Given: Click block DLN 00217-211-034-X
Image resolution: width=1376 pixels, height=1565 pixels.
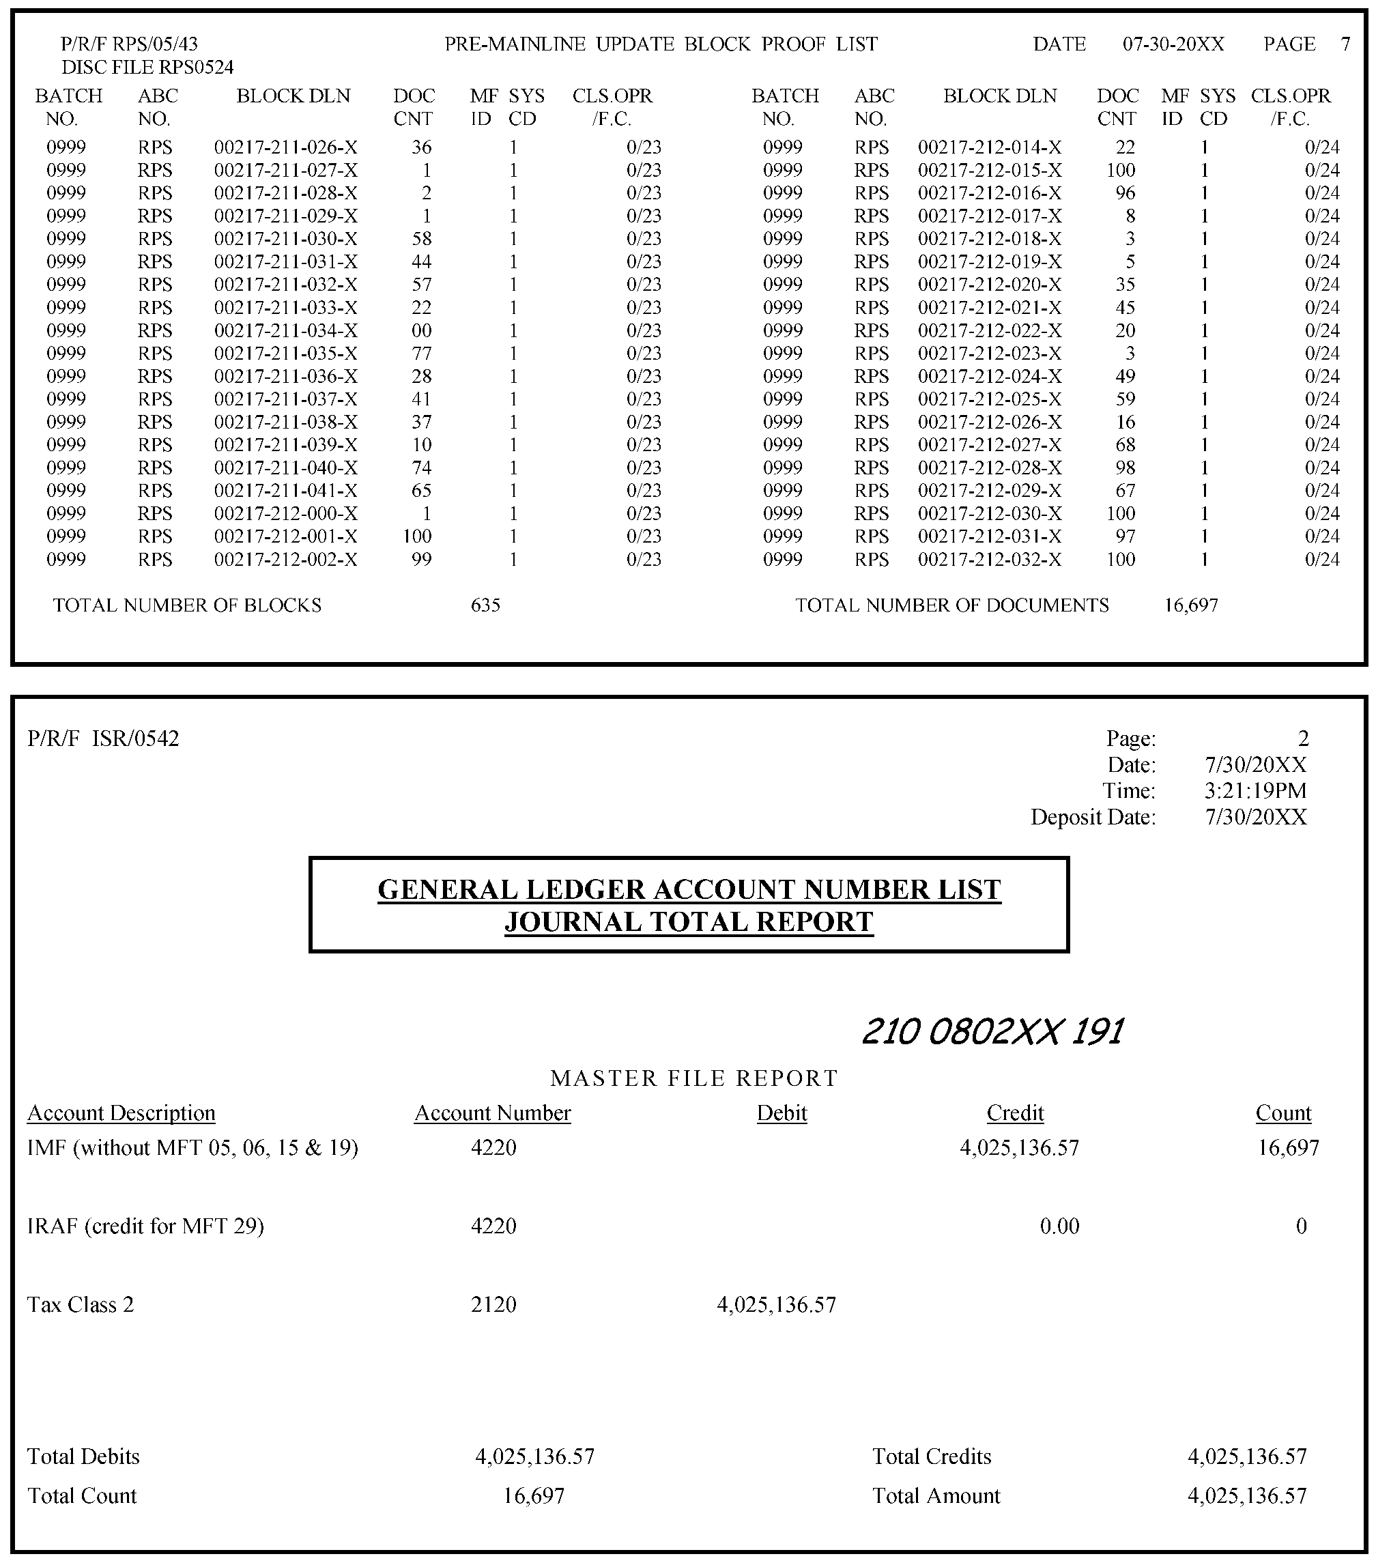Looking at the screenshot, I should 285,331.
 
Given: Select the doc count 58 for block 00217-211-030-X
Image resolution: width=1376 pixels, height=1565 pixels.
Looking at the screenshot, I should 421,239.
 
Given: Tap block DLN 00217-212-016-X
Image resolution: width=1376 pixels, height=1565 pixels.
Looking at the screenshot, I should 989,193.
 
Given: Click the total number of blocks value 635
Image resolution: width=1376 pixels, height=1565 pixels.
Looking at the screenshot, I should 485,605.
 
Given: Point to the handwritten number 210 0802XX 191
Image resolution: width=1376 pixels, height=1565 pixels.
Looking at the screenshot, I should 993,1031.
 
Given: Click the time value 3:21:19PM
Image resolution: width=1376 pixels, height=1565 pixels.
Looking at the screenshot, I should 1255,790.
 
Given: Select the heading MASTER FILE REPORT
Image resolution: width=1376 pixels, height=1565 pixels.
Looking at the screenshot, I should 693,1078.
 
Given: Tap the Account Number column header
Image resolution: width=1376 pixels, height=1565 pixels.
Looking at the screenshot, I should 492,1112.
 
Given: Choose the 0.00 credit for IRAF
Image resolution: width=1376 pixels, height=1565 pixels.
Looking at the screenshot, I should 1059,1226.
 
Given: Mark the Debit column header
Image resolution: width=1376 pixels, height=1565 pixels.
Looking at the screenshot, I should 782,1112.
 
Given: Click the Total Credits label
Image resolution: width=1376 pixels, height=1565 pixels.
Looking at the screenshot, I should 931,1456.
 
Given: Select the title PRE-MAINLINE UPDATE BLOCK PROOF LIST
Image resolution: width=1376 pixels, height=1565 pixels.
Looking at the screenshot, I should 661,44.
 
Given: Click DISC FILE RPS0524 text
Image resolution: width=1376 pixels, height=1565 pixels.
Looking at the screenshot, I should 147,68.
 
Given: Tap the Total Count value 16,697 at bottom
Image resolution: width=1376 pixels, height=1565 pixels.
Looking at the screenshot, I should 534,1495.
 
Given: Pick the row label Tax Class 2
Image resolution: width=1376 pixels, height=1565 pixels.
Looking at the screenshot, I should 81,1305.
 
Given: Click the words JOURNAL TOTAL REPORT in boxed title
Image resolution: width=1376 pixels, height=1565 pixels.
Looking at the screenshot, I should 689,922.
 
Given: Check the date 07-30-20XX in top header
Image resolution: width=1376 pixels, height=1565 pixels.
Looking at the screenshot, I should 1173,44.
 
